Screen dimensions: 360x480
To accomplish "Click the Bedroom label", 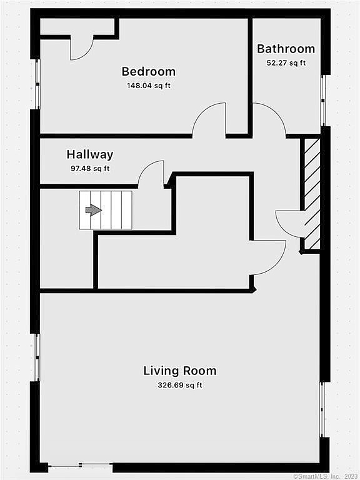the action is (149, 71).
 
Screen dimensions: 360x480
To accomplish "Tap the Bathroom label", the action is (286, 49).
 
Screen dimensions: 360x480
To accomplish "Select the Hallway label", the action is (90, 154).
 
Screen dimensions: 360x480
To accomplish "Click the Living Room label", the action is (180, 371).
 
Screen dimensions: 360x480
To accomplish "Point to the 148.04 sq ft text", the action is (149, 86).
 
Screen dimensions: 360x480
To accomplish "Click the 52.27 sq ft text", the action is (286, 63).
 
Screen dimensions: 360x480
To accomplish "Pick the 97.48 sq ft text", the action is (90, 168).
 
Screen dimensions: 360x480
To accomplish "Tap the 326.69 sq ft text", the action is (180, 385).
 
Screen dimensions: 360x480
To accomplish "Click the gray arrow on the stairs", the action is (93, 210).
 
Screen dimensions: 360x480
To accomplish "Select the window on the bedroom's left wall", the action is (37, 84).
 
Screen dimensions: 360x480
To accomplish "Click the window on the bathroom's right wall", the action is (322, 101).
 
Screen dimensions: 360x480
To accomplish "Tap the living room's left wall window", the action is (37, 357).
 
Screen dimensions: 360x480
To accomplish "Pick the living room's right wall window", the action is (322, 409).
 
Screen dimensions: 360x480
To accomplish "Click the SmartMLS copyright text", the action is (326, 476).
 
